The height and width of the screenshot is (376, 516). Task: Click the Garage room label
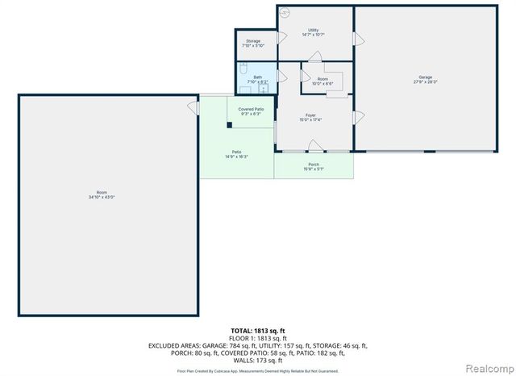424,77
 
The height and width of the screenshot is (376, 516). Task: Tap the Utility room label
313,30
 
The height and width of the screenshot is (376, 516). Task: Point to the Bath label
257,77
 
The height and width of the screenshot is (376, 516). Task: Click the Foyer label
310,115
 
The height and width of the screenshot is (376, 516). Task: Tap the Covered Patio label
252,109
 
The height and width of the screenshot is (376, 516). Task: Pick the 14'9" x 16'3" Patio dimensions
237,157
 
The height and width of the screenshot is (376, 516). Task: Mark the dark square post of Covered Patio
230,125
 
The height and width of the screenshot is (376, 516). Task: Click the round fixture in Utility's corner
285,13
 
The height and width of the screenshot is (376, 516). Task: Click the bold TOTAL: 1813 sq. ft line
257,331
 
